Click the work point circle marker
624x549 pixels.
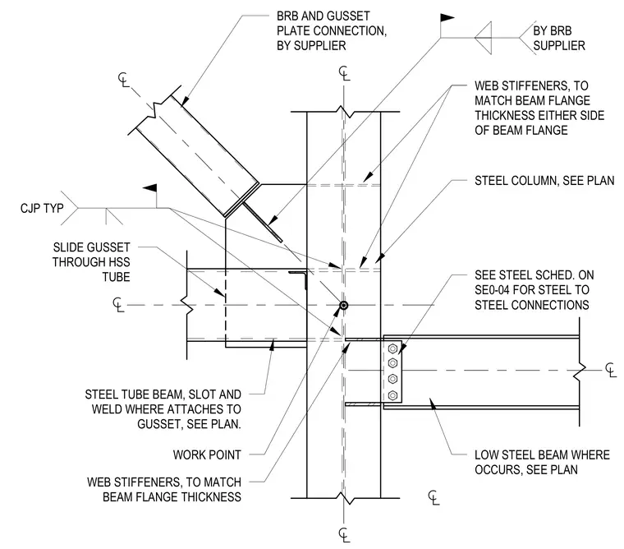[343, 306]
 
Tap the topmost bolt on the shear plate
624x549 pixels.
[392, 348]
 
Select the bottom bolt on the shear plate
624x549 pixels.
[392, 395]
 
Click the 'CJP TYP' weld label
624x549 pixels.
[42, 209]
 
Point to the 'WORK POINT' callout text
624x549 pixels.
[207, 455]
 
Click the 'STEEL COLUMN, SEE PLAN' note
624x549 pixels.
[544, 181]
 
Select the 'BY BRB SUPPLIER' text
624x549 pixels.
[559, 39]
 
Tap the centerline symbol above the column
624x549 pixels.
[344, 74]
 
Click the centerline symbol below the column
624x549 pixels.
[344, 534]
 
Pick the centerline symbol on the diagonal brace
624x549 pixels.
[124, 80]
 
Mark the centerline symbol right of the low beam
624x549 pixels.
[611, 370]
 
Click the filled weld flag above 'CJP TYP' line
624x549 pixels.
[150, 188]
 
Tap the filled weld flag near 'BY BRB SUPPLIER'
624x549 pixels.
[447, 17]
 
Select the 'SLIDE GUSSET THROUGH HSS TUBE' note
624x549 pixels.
[91, 262]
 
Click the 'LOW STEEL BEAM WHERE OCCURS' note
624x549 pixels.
[542, 462]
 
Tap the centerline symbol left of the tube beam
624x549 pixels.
[118, 305]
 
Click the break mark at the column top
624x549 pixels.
[345, 112]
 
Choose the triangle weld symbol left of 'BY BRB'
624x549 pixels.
[483, 38]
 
